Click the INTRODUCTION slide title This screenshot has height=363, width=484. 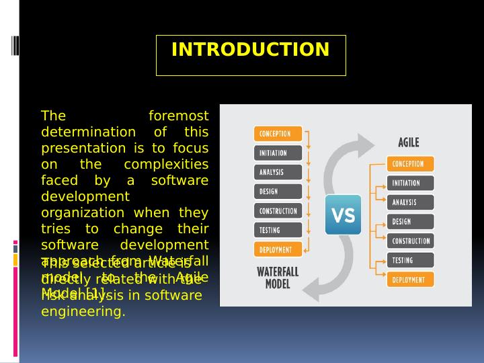(x=250, y=50)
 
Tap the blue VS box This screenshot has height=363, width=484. (x=343, y=215)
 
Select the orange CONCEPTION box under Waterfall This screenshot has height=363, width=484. (x=278, y=134)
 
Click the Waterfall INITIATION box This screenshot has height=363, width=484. (x=278, y=153)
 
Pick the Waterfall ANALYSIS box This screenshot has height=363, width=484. (x=278, y=172)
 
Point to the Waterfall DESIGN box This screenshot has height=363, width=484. (x=278, y=192)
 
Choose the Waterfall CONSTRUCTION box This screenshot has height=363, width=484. (x=278, y=211)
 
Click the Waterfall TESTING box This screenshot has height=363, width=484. (x=278, y=230)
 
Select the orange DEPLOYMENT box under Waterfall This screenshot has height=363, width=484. (x=278, y=249)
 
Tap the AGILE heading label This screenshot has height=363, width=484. (x=409, y=143)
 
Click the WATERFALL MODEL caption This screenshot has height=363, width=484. (x=278, y=277)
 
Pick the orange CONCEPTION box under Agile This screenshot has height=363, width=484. (x=410, y=164)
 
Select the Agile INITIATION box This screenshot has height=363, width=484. (x=410, y=183)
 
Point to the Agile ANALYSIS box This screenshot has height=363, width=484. (x=410, y=202)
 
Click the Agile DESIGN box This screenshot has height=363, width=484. (x=410, y=222)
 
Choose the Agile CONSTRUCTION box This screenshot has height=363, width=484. (x=410, y=241)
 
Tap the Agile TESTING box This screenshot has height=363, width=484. (x=410, y=260)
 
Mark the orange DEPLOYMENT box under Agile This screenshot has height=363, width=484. (x=410, y=280)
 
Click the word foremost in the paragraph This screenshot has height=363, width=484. (x=178, y=116)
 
